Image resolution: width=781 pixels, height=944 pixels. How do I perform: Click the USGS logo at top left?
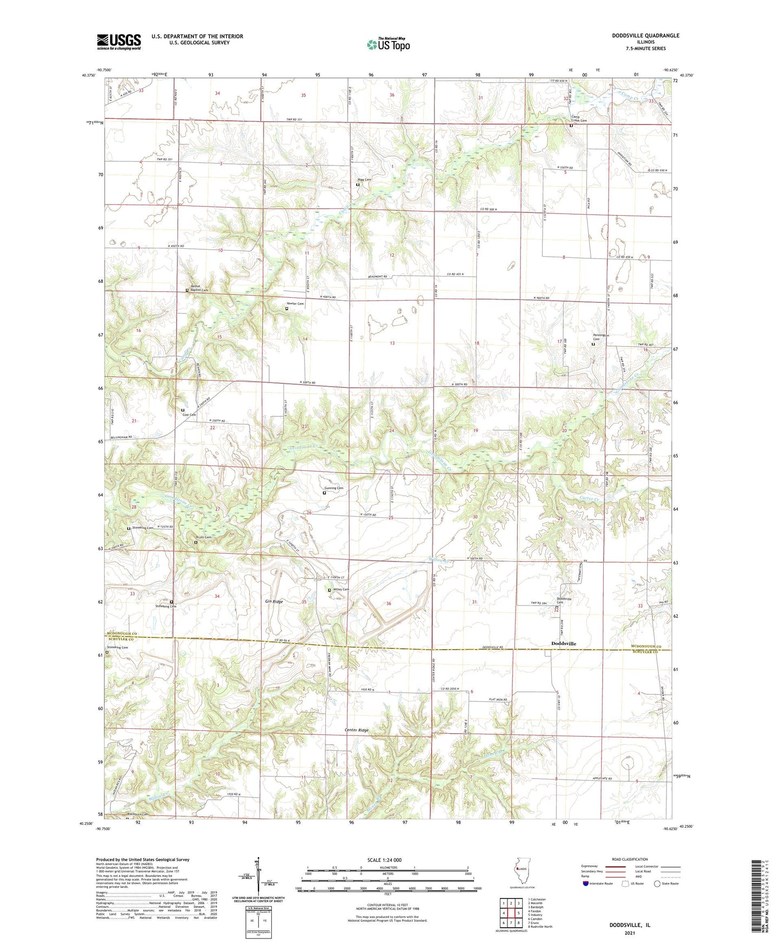click(x=119, y=42)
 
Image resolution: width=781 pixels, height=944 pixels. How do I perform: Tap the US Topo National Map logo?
click(x=389, y=44)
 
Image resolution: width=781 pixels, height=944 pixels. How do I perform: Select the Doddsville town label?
click(x=563, y=643)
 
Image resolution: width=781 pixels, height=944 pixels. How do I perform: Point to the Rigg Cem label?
click(x=364, y=180)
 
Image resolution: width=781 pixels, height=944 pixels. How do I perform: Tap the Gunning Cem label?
click(x=334, y=488)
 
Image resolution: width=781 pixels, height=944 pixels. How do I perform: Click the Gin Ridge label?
click(x=273, y=601)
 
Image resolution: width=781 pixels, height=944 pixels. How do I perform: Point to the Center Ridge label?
click(x=357, y=730)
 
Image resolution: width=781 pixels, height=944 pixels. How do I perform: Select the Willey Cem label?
click(x=341, y=589)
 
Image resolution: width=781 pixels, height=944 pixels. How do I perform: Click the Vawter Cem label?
click(x=296, y=304)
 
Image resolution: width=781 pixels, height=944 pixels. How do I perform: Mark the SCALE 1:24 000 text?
click(x=384, y=860)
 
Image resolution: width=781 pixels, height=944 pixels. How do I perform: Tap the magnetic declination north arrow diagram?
click(x=258, y=876)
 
